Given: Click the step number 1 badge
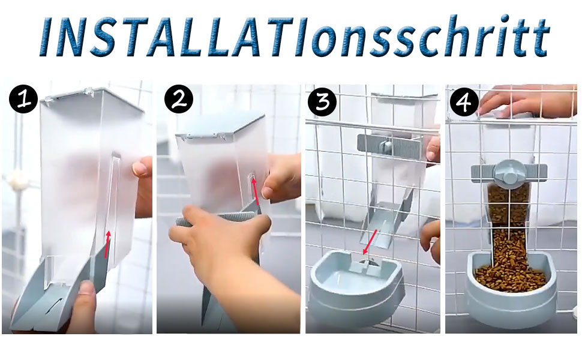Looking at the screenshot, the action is pyautogui.click(x=24, y=99).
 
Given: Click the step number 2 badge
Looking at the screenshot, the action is pyautogui.click(x=179, y=99).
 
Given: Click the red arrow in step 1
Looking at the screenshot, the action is pyautogui.click(x=107, y=244).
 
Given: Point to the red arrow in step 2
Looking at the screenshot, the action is pyautogui.click(x=256, y=191).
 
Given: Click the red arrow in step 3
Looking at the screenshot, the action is pyautogui.click(x=370, y=242).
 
